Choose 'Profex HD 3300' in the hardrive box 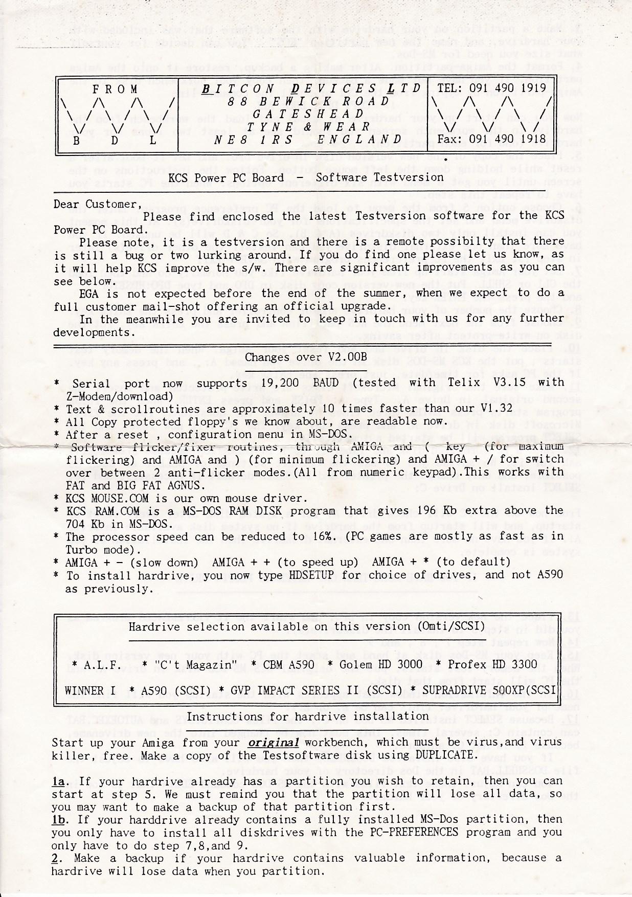492,664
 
